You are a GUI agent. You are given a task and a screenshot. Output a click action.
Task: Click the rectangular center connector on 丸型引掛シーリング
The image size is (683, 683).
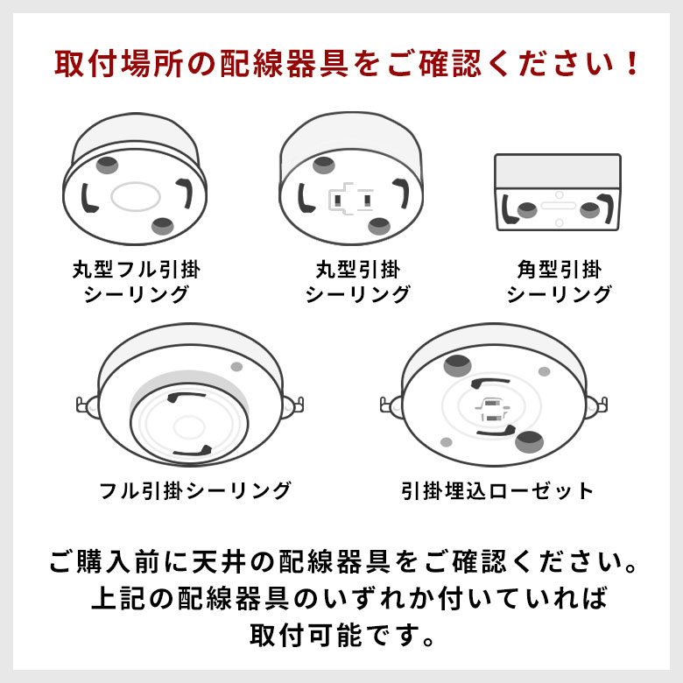(351, 198)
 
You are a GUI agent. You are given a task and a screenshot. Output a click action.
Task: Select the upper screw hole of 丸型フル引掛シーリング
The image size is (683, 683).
(108, 163)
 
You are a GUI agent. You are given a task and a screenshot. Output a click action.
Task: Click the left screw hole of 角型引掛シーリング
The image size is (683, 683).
(527, 209)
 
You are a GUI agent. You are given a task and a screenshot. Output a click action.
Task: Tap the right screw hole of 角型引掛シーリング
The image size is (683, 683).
(590, 209)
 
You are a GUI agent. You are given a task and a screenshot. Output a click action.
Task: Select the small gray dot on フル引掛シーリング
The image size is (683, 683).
(236, 367)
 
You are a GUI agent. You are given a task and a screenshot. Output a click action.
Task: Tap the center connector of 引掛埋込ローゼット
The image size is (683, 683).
(491, 410)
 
